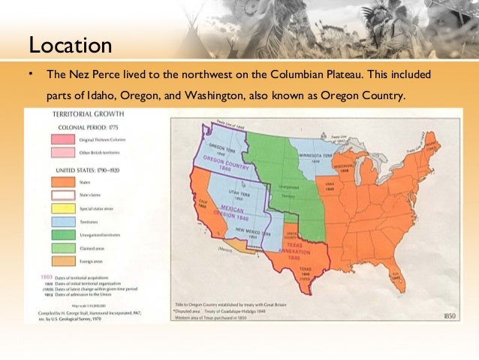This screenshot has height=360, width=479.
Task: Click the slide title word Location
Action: coord(70,45)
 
